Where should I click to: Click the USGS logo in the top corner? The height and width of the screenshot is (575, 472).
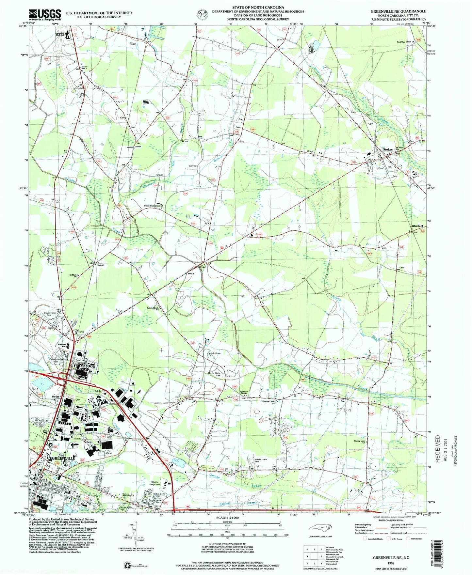click(45, 15)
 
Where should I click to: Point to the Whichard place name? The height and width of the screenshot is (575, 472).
click(417, 226)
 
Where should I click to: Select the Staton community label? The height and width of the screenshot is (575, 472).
click(100, 265)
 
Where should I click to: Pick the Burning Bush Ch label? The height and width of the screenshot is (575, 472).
click(153, 309)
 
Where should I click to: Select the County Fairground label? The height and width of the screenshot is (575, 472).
click(155, 483)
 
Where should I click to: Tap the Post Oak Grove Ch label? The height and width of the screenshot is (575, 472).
click(405, 42)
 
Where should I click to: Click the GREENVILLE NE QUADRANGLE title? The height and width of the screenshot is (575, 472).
click(398, 11)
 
